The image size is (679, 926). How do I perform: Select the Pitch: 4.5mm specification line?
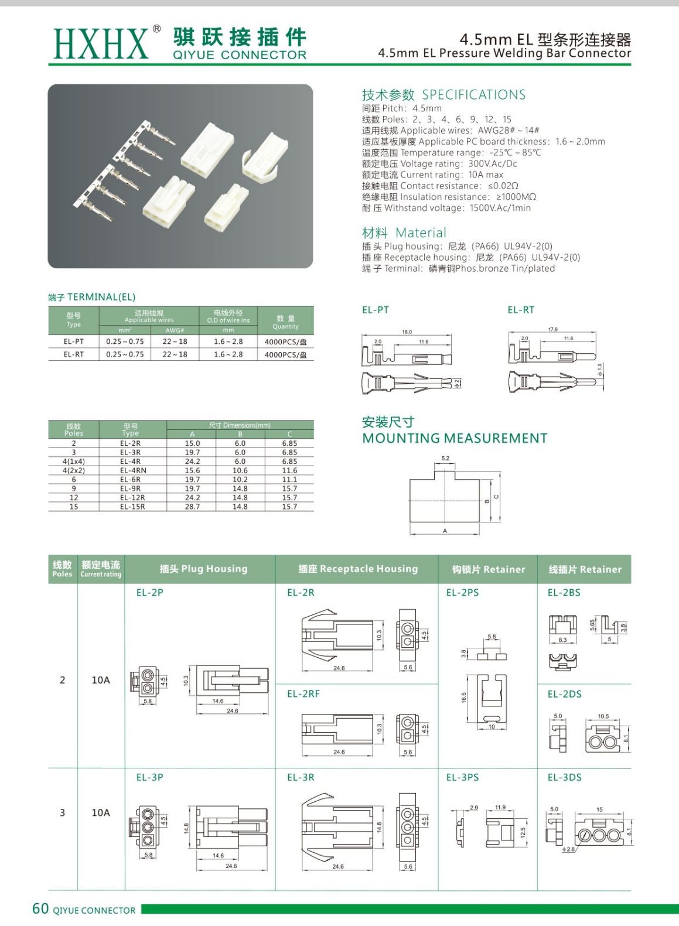pyautogui.click(x=402, y=108)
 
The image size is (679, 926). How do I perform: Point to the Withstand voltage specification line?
pyautogui.click(x=446, y=208)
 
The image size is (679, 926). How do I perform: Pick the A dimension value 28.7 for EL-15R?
pyautogui.click(x=192, y=507)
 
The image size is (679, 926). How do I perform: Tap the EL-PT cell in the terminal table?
pyautogui.click(x=74, y=341)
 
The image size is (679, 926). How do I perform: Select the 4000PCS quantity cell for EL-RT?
pyautogui.click(x=285, y=355)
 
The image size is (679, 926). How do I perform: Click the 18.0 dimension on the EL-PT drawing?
pyautogui.click(x=407, y=332)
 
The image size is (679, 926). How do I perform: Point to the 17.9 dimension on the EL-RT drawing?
pyautogui.click(x=552, y=330)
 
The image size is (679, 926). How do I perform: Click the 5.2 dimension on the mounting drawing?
pyautogui.click(x=445, y=459)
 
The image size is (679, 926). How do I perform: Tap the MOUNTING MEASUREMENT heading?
pyautogui.click(x=455, y=438)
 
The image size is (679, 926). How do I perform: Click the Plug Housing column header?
pyautogui.click(x=203, y=569)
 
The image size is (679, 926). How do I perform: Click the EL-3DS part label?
pyautogui.click(x=564, y=777)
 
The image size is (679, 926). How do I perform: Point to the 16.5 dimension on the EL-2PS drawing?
pyautogui.click(x=463, y=698)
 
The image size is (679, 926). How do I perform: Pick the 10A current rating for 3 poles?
pyautogui.click(x=101, y=812)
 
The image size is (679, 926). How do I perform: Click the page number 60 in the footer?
pyautogui.click(x=40, y=908)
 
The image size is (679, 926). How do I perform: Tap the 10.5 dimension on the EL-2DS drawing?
pyautogui.click(x=603, y=716)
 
